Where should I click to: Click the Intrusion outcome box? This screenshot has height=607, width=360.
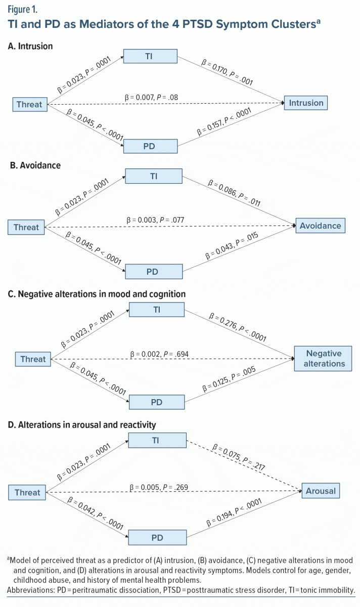pyautogui.click(x=305, y=103)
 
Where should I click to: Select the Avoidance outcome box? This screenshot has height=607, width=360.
pyautogui.click(x=321, y=226)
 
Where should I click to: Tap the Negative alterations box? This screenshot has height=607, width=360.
pyautogui.click(x=323, y=359)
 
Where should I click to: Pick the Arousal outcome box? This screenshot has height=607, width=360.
pyautogui.click(x=321, y=491)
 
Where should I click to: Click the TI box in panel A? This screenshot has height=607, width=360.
pyautogui.click(x=150, y=56)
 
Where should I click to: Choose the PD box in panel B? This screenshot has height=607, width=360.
pyautogui.click(x=154, y=272)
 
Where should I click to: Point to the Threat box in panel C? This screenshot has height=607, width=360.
pyautogui.click(x=33, y=359)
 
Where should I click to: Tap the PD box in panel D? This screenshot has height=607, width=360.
pyautogui.click(x=157, y=538)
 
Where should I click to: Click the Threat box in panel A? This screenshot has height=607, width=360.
pyautogui.click(x=30, y=104)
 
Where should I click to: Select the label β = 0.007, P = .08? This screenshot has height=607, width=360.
pyautogui.click(x=151, y=97)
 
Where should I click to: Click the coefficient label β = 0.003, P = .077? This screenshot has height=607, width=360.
pyautogui.click(x=155, y=220)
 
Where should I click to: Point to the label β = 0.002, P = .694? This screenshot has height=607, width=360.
pyautogui.click(x=159, y=354)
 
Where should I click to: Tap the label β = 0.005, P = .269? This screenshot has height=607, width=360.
pyautogui.click(x=159, y=487)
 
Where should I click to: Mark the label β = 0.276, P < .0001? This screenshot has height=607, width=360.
pyautogui.click(x=238, y=327)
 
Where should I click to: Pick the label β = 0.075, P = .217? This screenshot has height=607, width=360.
pyautogui.click(x=238, y=457)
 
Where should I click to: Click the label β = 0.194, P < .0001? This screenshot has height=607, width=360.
pyautogui.click(x=234, y=512)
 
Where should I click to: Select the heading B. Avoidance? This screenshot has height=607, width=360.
pyautogui.click(x=35, y=165)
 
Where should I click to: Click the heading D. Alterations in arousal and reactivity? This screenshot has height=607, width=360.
pyautogui.click(x=82, y=424)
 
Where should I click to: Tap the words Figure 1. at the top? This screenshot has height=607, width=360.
pyautogui.click(x=22, y=10)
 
